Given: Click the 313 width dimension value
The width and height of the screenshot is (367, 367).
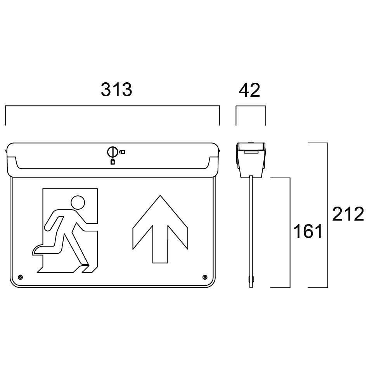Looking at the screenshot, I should click(116, 90).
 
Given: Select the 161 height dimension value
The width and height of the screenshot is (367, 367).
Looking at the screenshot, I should click(308, 232).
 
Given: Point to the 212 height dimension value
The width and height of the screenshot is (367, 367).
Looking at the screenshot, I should click(348, 214).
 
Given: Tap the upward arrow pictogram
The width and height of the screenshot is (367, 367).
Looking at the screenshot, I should click(160, 229).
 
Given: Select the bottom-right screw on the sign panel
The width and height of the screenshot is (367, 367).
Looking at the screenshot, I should click(204, 277).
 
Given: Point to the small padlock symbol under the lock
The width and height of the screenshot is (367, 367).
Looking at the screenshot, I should click(113, 162).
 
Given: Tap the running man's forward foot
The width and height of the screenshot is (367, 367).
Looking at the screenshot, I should click(84, 268).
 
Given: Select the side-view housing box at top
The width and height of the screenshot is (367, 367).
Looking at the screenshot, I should click(251, 159).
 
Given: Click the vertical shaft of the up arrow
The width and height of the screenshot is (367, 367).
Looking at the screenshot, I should click(160, 245).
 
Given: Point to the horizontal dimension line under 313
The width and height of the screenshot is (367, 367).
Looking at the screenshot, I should click(113, 105).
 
